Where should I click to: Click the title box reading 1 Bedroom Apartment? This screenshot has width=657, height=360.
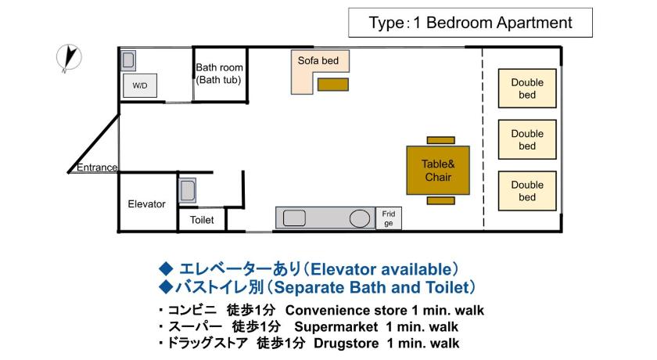(470, 23)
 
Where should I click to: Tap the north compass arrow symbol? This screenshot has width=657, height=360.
(69, 57)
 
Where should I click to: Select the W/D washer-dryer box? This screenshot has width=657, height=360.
(140, 85)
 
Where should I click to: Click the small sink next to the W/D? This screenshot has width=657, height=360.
(128, 60)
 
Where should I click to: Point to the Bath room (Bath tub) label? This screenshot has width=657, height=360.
(219, 74)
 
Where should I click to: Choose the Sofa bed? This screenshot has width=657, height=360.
(303, 71)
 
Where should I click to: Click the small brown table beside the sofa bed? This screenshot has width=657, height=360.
(333, 85)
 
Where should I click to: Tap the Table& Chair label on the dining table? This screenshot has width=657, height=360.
(438, 170)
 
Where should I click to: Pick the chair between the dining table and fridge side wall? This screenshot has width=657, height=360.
(441, 201)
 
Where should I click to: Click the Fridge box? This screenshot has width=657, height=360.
(389, 218)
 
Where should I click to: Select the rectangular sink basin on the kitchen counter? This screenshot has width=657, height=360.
(294, 218)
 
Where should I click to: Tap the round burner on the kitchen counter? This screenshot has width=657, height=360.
(360, 218)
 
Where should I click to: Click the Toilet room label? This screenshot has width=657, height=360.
(202, 220)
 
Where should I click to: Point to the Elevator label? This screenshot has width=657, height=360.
(147, 204)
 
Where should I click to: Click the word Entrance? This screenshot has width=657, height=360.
(97, 167)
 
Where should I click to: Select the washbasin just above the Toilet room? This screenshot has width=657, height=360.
(187, 191)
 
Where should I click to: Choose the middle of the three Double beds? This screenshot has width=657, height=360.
(527, 139)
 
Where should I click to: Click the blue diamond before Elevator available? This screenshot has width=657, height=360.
(167, 268)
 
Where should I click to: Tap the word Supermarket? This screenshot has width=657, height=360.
(336, 327)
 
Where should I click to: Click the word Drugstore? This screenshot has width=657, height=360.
(346, 344)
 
